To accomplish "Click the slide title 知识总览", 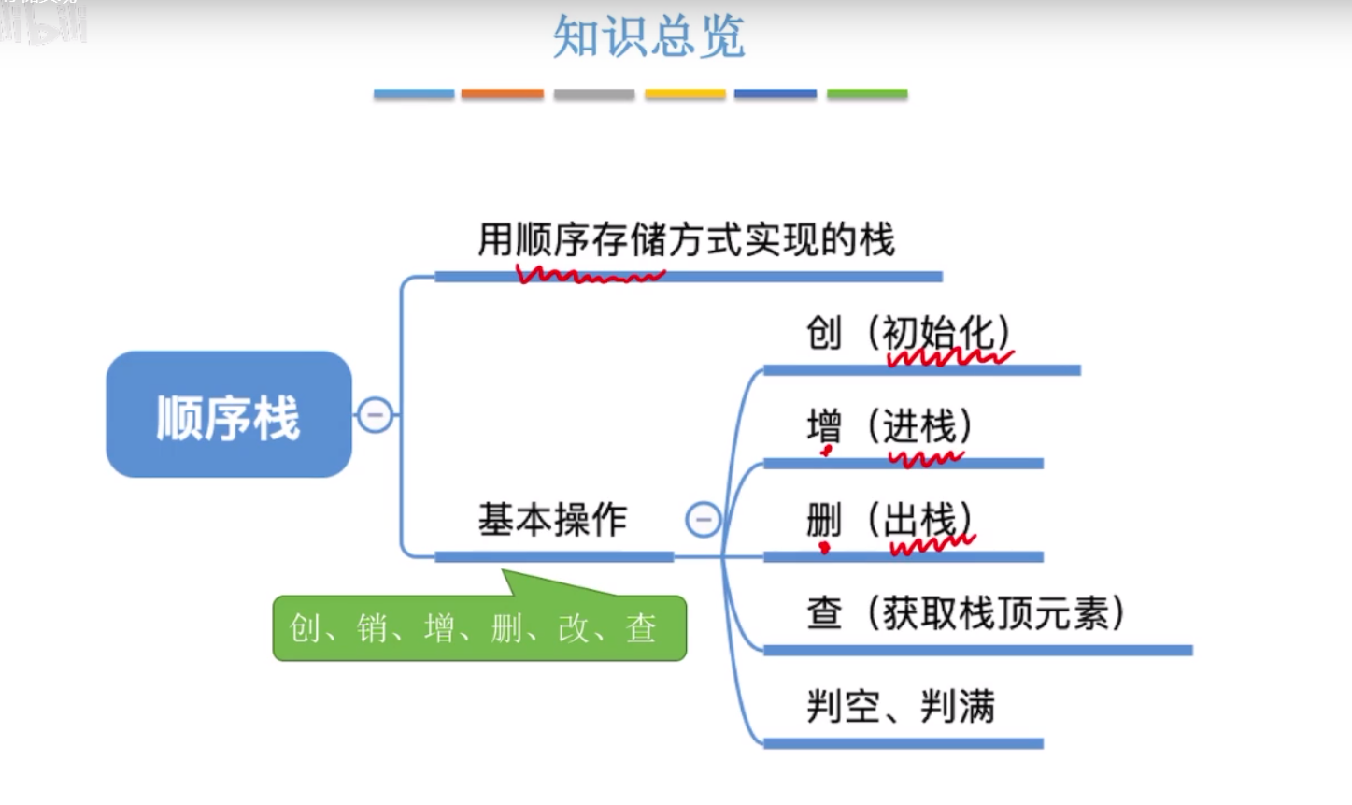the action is (x=648, y=37).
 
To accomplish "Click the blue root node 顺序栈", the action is (x=229, y=415).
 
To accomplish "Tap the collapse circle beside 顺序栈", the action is (x=376, y=414).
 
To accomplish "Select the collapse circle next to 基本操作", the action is (x=703, y=519).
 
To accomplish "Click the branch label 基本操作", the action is (x=552, y=520).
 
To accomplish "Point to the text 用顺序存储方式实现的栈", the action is (x=686, y=239).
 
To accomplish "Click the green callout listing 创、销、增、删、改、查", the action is (x=479, y=628).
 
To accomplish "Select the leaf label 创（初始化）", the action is (x=908, y=332).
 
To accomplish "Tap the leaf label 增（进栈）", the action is (x=889, y=426).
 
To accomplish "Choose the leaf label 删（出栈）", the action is (x=889, y=520).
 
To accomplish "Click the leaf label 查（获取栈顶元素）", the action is (x=965, y=613).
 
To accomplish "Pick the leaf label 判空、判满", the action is (x=901, y=707).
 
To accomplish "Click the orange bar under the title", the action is (x=502, y=93).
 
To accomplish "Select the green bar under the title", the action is (x=867, y=93).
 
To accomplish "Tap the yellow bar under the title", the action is (x=685, y=93).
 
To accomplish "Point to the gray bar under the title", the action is (x=594, y=93).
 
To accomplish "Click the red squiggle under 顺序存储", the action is (x=591, y=275).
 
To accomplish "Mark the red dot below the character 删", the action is (x=824, y=548).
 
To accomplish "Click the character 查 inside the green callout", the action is (x=641, y=628).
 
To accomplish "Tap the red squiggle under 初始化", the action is (x=948, y=357).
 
